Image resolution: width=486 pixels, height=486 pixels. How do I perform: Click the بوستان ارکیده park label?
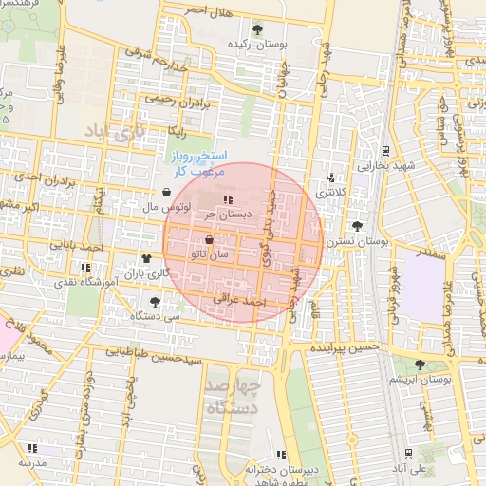[x=256, y=45]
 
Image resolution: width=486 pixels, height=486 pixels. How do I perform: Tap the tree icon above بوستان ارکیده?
[x=257, y=28]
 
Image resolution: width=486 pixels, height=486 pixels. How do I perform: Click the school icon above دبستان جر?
[x=228, y=198]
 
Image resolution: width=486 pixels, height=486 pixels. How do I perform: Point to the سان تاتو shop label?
[x=210, y=254]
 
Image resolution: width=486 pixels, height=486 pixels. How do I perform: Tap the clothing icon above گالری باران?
[x=146, y=257]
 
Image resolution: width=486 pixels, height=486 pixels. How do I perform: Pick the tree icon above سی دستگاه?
[x=155, y=301]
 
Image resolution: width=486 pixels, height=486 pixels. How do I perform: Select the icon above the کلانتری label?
[x=330, y=177]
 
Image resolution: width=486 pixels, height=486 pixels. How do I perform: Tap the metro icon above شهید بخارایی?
[x=385, y=150]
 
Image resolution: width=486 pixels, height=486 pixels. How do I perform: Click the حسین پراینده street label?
[x=344, y=349]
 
